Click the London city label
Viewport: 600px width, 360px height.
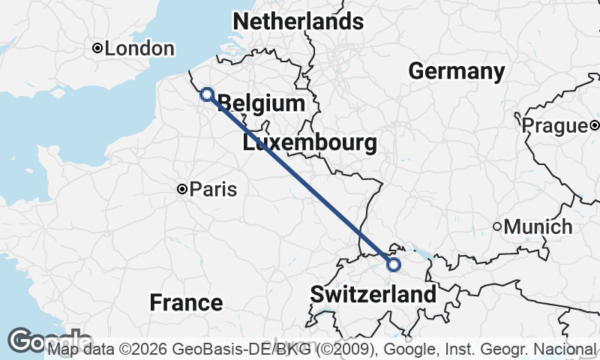139,49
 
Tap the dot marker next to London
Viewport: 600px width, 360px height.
97,49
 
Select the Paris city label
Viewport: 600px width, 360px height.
213,190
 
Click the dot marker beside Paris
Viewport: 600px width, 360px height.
181,190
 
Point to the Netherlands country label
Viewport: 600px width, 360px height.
298,22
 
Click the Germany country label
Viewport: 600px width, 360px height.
456,71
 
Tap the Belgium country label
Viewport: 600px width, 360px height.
261,103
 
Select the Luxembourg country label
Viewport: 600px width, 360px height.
309,143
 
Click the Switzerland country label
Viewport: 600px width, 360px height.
373,294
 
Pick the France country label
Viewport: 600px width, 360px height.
186,303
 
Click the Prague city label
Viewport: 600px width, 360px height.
554,125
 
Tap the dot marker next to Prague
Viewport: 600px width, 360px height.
593,125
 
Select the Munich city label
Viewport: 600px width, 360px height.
538,226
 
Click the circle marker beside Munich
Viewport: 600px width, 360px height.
496,226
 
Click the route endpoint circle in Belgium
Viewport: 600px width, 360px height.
207,94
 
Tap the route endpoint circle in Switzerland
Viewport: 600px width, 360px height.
393,264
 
